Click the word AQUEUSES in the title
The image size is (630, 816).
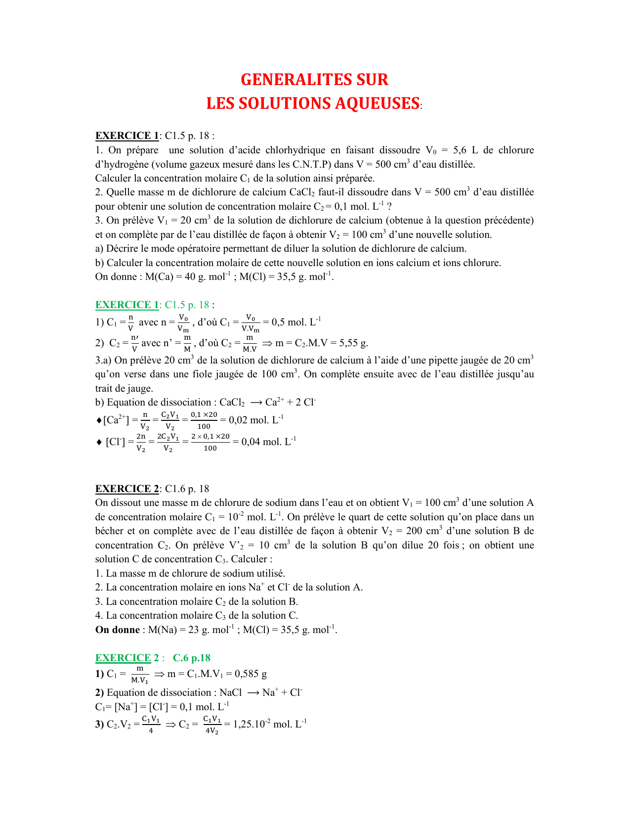click(x=377, y=103)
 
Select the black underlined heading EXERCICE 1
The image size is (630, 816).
click(x=127, y=136)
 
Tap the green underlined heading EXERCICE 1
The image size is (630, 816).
click(x=127, y=305)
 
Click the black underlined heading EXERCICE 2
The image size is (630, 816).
click(x=127, y=489)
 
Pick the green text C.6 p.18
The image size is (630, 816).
click(x=192, y=658)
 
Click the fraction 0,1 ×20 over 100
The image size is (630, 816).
click(x=204, y=420)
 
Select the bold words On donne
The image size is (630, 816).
click(x=118, y=630)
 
